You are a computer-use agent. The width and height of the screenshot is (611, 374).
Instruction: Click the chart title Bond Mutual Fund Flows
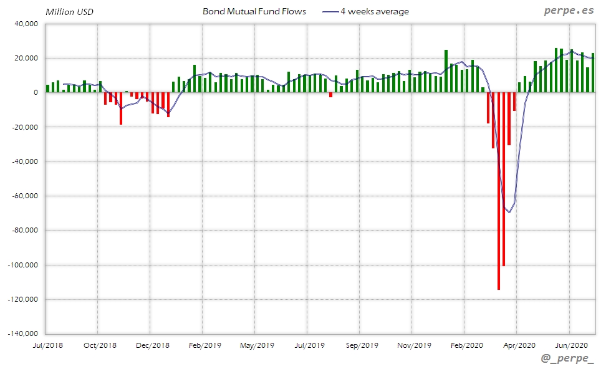point(254,11)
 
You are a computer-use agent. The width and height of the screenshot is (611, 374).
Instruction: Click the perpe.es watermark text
point(568,11)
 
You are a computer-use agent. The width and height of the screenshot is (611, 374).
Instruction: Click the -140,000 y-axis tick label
point(23,333)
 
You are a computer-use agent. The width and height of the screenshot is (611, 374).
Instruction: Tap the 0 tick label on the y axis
point(36,93)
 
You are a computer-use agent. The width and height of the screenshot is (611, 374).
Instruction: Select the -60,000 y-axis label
point(24,196)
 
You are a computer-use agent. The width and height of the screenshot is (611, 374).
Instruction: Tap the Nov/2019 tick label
point(413,345)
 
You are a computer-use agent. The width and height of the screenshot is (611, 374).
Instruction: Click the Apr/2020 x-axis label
point(517,345)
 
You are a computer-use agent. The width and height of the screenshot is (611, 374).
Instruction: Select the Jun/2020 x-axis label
point(570,345)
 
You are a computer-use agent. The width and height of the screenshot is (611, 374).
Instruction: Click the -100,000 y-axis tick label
point(23,265)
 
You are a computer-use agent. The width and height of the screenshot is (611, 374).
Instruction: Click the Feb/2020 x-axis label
point(465,345)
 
